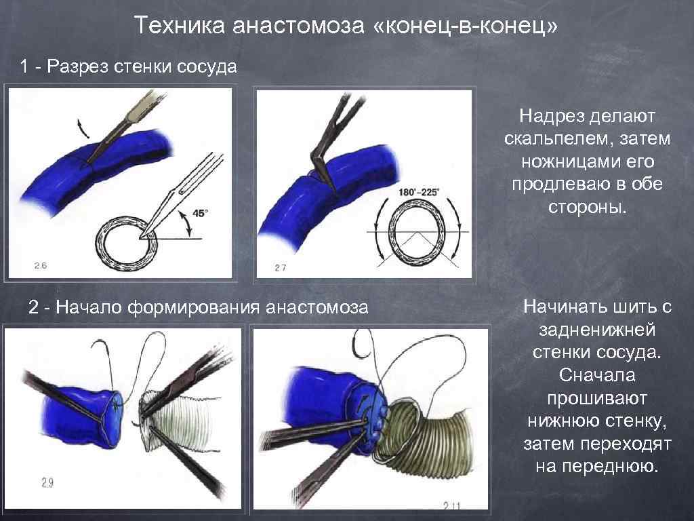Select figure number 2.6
(x=41, y=265)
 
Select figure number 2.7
(x=279, y=268)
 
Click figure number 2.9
(x=47, y=482)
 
